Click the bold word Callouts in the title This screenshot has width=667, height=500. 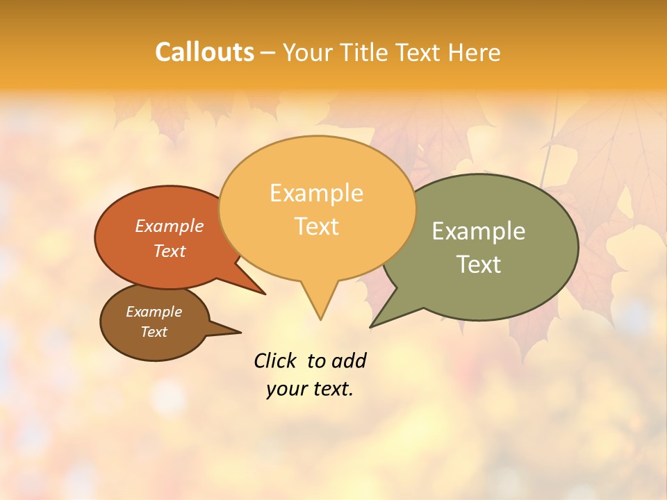click(204, 52)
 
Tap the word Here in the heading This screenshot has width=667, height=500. click(475, 52)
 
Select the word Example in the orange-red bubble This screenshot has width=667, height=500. click(170, 226)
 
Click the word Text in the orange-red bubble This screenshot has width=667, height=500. click(170, 251)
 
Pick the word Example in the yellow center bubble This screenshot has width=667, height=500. click(317, 193)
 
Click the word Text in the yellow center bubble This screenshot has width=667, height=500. click(317, 226)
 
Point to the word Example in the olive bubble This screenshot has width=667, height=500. click(479, 231)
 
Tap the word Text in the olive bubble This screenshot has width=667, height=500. click(479, 264)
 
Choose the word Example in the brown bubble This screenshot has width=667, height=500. click(154, 312)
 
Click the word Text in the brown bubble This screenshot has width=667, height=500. click(154, 332)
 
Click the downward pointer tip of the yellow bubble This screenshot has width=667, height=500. click(320, 319)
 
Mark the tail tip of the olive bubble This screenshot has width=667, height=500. click(371, 326)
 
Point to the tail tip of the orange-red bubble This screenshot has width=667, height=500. click(265, 294)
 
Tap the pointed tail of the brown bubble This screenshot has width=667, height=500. click(240, 332)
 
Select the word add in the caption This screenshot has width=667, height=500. click(349, 360)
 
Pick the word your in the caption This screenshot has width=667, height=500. click(286, 389)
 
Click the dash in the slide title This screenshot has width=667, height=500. click(269, 52)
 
